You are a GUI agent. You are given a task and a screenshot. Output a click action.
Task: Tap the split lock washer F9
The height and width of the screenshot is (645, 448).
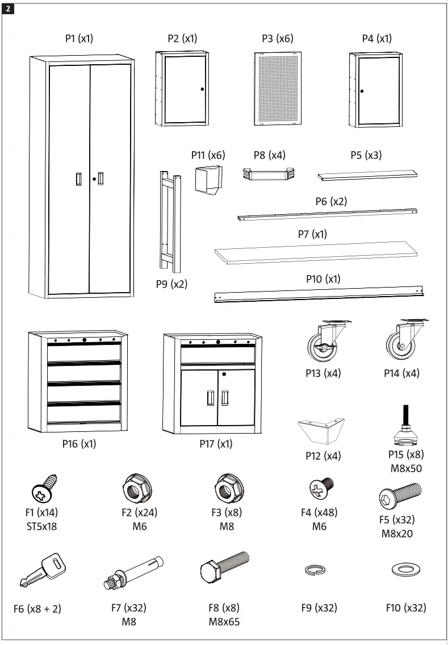(x=311, y=569)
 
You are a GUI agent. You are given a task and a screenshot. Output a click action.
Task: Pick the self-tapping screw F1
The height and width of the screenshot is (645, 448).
(x=44, y=489)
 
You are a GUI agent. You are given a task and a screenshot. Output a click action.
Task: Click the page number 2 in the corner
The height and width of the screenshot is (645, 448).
(x=8, y=8)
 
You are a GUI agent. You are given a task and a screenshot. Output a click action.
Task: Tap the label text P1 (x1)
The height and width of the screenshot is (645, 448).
(x=79, y=39)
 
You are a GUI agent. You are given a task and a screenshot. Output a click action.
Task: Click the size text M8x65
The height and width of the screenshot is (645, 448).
(x=224, y=621)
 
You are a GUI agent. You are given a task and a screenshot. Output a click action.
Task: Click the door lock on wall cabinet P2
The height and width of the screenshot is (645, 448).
(x=202, y=89)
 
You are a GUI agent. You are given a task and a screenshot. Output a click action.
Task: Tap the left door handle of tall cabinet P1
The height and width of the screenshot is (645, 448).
(x=78, y=178)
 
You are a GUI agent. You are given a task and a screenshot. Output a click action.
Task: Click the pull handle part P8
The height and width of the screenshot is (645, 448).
(x=269, y=174)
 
